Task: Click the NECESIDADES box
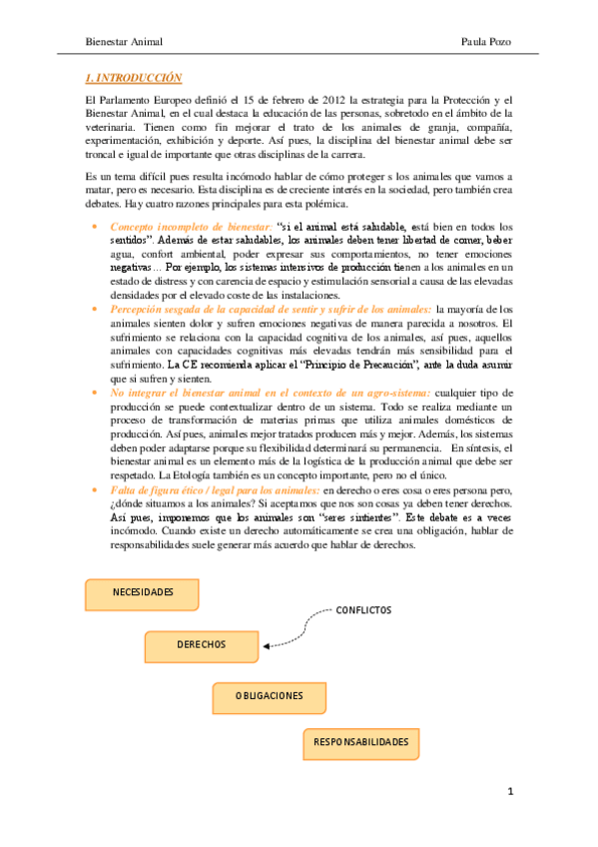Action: tap(143, 593)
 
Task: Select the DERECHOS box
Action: tap(202, 645)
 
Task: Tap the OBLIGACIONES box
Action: tap(270, 696)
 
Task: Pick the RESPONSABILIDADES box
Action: tap(361, 743)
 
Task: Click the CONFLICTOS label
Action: tap(364, 610)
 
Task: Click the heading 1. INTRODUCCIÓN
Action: tap(133, 77)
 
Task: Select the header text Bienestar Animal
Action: tap(124, 42)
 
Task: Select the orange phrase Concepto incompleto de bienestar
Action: tap(190, 226)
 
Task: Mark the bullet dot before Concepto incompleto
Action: tap(94, 227)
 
